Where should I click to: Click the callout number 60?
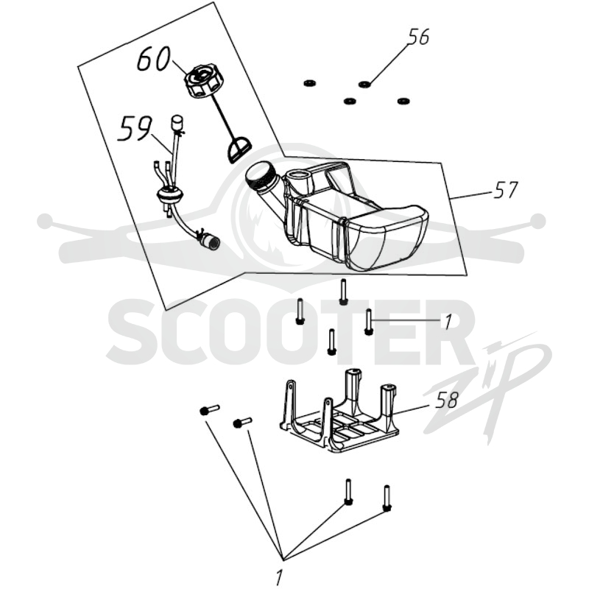click(154, 60)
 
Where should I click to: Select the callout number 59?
click(135, 129)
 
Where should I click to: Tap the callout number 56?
click(418, 38)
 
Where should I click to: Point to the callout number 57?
click(506, 190)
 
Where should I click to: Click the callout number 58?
click(447, 401)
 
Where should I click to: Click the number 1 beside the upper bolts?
click(448, 322)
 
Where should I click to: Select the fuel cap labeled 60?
click(201, 82)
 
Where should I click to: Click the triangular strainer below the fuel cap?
click(239, 150)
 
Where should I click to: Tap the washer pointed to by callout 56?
click(364, 84)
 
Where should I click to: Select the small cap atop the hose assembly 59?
click(176, 123)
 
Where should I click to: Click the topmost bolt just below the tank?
click(342, 292)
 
